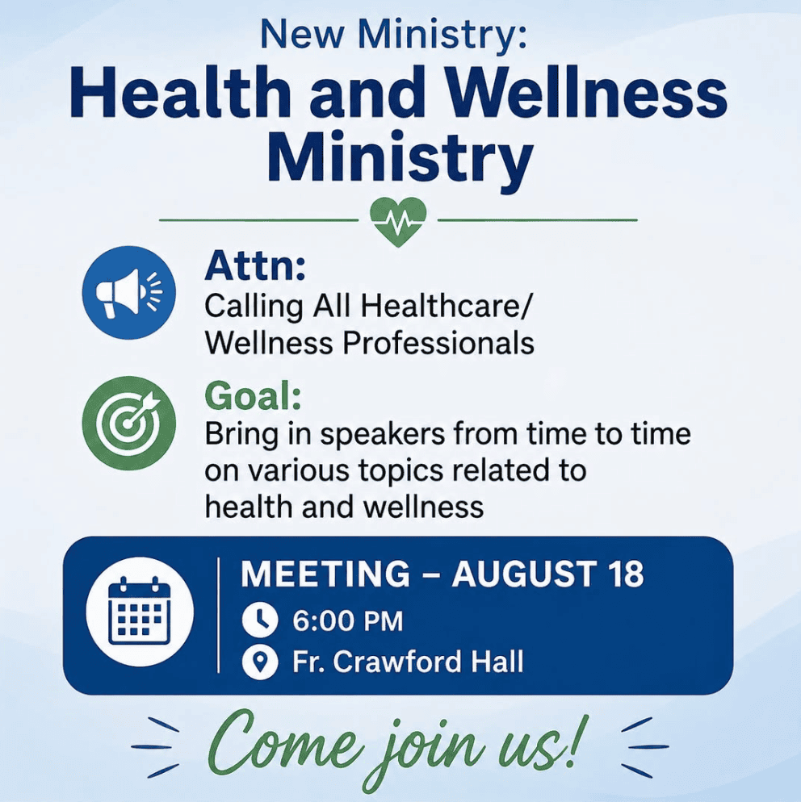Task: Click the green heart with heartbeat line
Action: click(x=398, y=221)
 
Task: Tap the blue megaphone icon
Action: click(x=129, y=293)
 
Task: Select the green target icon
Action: click(x=129, y=424)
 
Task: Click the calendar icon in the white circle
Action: click(x=140, y=612)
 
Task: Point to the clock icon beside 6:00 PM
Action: click(x=260, y=620)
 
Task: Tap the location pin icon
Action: click(x=260, y=662)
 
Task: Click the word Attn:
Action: click(x=255, y=266)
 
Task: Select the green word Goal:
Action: click(x=253, y=396)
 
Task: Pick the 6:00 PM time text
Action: click(x=347, y=621)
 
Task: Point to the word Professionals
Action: click(x=438, y=343)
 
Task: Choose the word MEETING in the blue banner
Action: click(x=325, y=574)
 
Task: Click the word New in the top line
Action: click(x=301, y=34)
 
